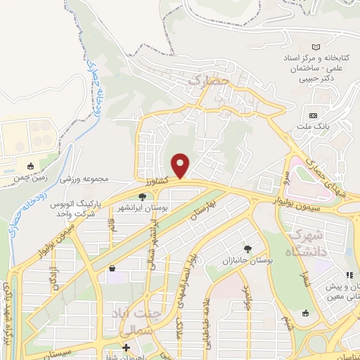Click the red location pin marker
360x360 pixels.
(x=181, y=165)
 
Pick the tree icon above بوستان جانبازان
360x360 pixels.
(x=247, y=249)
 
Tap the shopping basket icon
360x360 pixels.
(x=112, y=268)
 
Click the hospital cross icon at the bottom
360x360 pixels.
(x=126, y=347)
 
